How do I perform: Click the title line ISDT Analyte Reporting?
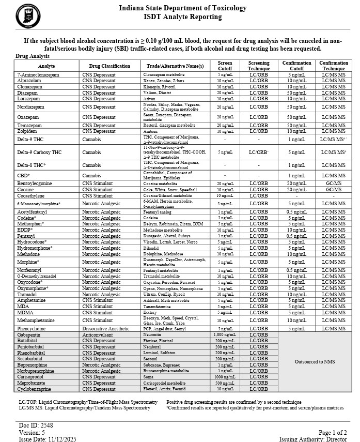[x=182, y=17]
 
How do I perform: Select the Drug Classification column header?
[x=109, y=66]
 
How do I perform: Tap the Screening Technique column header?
[x=259, y=66]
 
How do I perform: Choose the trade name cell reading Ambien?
[x=151, y=131]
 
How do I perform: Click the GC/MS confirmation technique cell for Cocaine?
[x=334, y=190]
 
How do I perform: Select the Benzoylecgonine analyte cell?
[x=35, y=184]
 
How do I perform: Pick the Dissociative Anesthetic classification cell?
[x=107, y=329]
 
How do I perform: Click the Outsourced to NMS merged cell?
[x=315, y=362]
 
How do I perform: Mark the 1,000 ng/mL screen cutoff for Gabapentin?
[x=225, y=335]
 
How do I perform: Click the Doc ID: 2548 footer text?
[x=36, y=425]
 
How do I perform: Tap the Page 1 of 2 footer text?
[x=333, y=433]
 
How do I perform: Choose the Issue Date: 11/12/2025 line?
[x=48, y=439]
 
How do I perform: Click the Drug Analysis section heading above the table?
[x=33, y=56]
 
